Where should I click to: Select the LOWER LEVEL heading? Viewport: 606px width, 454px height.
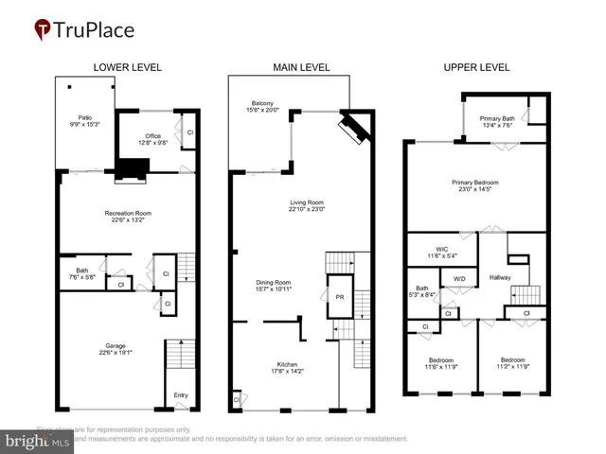[127, 67]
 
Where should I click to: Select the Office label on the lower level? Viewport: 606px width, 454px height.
[153, 136]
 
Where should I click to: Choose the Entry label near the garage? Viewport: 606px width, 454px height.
[181, 395]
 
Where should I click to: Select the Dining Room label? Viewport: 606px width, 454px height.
[272, 282]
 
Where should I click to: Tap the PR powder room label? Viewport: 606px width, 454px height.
[339, 297]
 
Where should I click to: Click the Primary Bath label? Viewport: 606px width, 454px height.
[496, 118]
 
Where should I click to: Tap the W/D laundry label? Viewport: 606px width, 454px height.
[459, 279]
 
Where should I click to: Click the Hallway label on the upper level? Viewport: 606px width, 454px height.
[500, 277]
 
